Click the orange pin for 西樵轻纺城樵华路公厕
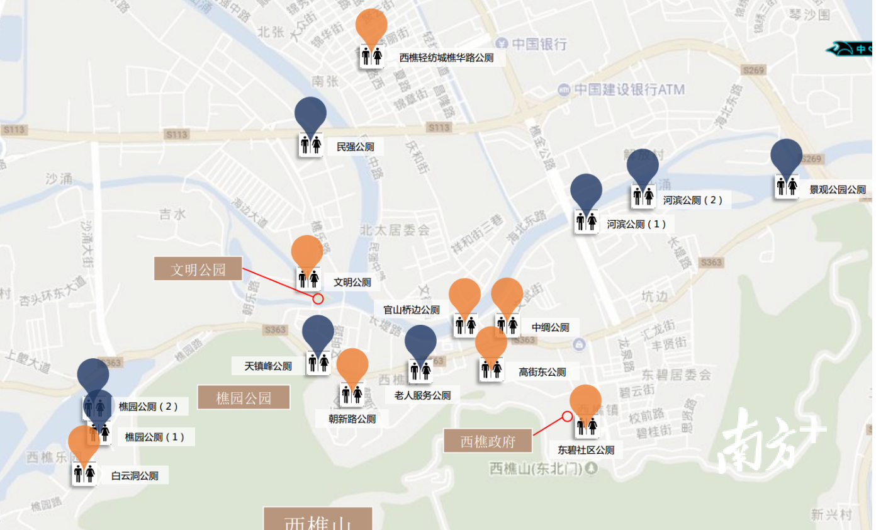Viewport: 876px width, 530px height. click(x=371, y=25)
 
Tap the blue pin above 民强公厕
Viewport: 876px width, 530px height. click(x=310, y=113)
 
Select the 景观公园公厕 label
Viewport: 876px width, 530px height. click(x=837, y=189)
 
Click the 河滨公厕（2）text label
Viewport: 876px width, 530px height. click(x=692, y=200)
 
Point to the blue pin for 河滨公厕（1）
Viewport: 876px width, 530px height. click(x=586, y=190)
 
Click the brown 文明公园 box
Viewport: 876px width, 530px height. click(x=198, y=269)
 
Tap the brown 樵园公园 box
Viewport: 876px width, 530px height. click(x=244, y=398)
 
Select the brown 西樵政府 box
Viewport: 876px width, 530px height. click(x=488, y=441)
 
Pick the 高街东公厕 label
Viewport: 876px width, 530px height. click(x=542, y=372)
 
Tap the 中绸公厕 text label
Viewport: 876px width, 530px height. click(x=550, y=327)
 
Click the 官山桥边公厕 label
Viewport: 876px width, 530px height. click(x=412, y=310)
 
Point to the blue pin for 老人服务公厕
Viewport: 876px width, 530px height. click(x=420, y=342)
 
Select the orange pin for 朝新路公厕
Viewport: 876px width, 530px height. click(x=352, y=365)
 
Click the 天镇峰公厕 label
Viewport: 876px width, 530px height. click(x=268, y=366)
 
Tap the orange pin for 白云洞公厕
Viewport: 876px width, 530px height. click(x=84, y=442)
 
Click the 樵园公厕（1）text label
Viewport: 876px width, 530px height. click(x=155, y=437)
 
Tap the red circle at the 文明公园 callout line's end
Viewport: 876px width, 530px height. click(x=318, y=299)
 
